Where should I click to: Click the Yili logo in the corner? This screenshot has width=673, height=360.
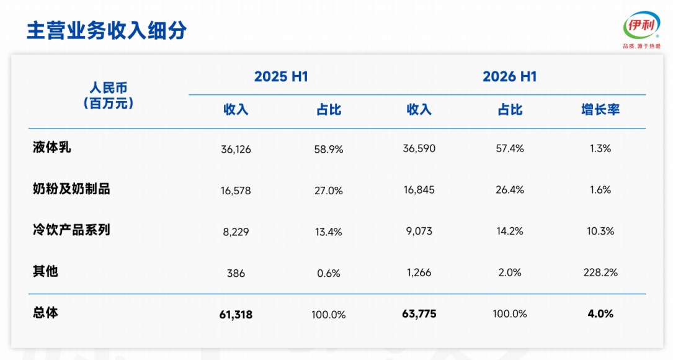[641, 29]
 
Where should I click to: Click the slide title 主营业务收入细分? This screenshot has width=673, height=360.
[107, 30]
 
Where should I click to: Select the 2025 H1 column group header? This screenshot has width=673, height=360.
[281, 76]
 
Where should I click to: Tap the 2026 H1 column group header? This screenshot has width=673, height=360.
[509, 76]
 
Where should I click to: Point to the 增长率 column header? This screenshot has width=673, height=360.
[600, 109]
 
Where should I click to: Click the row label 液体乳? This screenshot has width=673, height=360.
[52, 147]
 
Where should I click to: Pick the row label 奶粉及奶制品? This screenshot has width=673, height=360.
[71, 189]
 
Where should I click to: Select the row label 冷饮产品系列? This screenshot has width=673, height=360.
[71, 230]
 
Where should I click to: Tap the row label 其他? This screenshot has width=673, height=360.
[45, 271]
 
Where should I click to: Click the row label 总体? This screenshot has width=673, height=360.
[45, 312]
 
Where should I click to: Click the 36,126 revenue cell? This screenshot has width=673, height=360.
[236, 149]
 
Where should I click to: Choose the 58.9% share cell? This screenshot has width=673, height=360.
[328, 149]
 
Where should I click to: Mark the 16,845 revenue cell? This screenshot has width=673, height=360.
[419, 189]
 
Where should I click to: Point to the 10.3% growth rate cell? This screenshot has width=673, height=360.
[600, 231]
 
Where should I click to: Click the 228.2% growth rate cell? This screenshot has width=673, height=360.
[600, 272]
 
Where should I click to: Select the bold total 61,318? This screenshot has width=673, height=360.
[236, 315]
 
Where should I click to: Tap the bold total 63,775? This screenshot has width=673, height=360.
[419, 313]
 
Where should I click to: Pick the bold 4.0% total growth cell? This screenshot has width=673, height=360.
[600, 313]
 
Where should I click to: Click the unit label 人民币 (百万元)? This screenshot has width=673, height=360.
[109, 96]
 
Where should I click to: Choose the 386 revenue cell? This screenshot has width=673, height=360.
[236, 273]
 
